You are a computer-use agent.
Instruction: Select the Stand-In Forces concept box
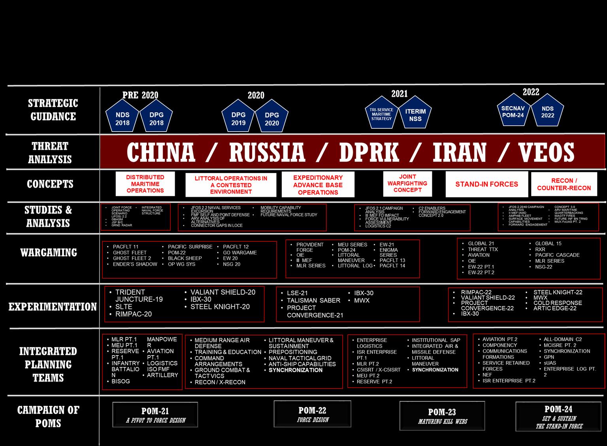pos(486,184)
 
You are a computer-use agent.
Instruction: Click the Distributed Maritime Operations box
pos(145,184)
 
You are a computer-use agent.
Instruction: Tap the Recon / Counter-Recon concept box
pos(564,184)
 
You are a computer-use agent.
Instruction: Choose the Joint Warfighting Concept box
pos(407,183)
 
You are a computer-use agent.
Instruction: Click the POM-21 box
pos(155,415)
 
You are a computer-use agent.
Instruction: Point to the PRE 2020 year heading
pos(140,95)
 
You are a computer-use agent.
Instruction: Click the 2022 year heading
pos(531,92)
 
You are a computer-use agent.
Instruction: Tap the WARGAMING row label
pos(49,252)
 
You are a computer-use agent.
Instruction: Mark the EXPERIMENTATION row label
pos(53,307)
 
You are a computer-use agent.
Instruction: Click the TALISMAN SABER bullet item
pos(313,300)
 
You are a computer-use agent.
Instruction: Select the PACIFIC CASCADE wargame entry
pos(557,255)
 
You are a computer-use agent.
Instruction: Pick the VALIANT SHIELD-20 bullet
pos(223,292)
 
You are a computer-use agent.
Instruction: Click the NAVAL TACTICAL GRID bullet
pos(300,358)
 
